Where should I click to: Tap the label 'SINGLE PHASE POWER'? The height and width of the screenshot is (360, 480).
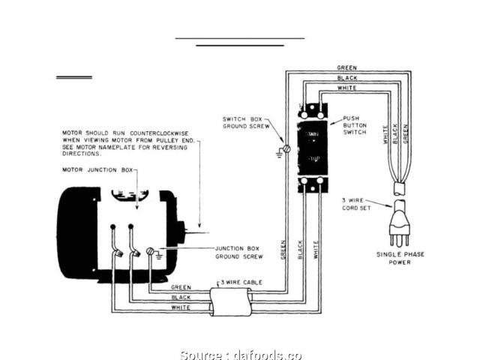pos(400,258)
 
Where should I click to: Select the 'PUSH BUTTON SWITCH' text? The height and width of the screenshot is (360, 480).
pos(355,125)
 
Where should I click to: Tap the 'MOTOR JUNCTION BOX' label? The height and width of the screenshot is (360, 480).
pos(97,171)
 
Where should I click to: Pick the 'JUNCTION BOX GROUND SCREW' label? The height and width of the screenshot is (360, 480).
pos(241,253)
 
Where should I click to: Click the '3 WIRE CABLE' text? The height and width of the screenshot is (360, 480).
pos(239,283)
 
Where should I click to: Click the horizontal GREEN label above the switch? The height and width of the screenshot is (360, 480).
pos(346,68)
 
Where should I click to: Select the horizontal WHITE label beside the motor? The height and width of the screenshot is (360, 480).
pos(181,308)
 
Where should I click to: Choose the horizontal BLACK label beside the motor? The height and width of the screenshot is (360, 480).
pos(181,298)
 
